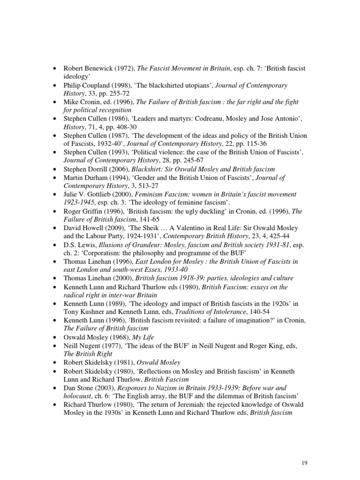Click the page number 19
(x=304, y=463)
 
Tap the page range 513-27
(x=138, y=186)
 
